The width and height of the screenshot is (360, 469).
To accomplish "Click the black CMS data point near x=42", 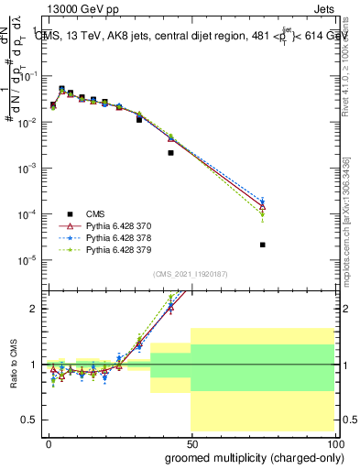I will click(x=170, y=153).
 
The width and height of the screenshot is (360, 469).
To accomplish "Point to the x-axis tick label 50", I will click(x=191, y=443).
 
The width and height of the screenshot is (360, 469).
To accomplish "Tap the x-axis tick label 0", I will click(x=49, y=443).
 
